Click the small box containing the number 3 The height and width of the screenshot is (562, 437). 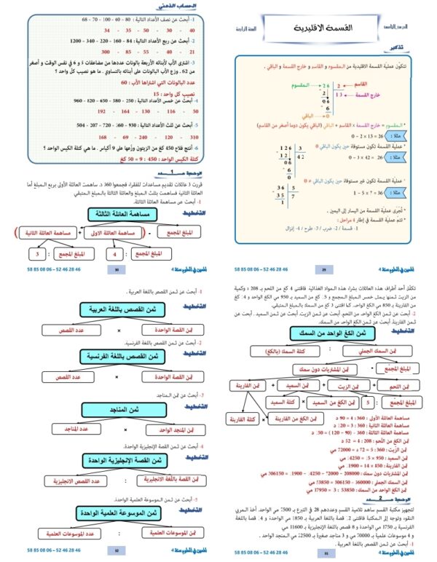click(36, 254)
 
